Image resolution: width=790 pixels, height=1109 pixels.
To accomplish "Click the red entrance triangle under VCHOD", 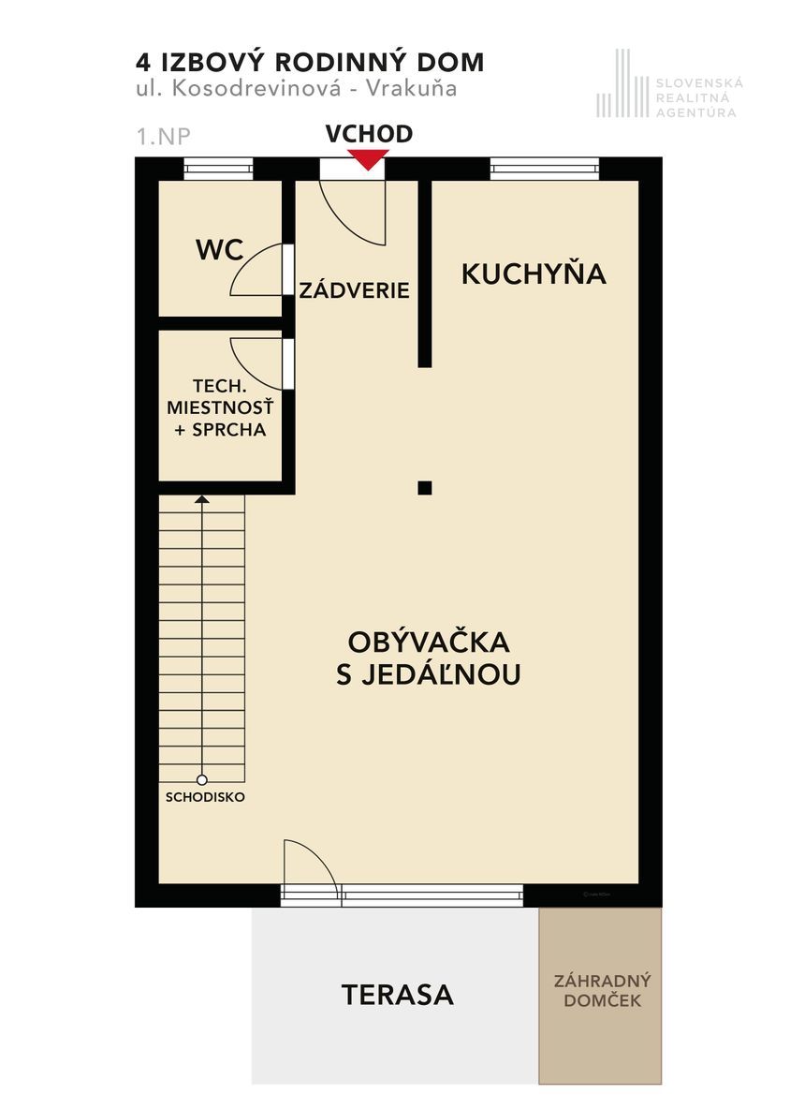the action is click(367, 160).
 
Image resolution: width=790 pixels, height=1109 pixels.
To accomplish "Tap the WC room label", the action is click(220, 250).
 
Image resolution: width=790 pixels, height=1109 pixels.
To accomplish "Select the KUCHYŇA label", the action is click(534, 273).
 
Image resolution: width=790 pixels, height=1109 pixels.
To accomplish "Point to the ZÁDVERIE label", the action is click(354, 289).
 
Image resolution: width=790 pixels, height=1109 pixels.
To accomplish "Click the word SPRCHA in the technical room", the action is click(229, 429).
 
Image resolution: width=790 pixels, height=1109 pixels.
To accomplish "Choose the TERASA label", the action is click(397, 995).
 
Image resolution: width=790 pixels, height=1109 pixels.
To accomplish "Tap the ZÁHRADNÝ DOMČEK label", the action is click(602, 990).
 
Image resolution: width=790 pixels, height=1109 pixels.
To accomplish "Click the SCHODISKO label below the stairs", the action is click(205, 797).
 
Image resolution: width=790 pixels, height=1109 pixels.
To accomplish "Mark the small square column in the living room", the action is click(424, 487).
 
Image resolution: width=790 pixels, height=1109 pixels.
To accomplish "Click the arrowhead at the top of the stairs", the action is click(202, 499).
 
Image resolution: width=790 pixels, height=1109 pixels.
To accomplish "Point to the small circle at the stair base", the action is click(202, 780).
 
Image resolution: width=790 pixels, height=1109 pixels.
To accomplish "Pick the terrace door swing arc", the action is click(319, 856).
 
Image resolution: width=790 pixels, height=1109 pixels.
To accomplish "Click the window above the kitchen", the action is click(545, 169).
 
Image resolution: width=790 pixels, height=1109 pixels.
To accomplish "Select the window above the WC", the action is click(218, 169).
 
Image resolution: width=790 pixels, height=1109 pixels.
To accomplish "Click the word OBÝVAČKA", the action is click(428, 642).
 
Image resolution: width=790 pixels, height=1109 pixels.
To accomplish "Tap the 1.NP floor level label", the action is click(163, 136).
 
